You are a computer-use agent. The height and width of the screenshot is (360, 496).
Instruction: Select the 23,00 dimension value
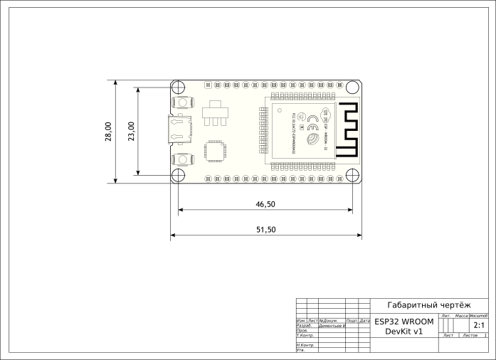coord(132,132)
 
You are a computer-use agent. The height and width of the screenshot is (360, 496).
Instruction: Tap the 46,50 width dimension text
coord(265,204)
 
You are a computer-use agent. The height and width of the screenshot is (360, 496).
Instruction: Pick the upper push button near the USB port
coord(183,103)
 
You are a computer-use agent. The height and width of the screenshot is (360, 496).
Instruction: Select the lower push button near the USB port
coord(183,159)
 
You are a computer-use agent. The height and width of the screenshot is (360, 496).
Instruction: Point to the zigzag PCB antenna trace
coord(347,129)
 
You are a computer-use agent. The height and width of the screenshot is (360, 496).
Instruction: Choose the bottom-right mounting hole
coord(352,175)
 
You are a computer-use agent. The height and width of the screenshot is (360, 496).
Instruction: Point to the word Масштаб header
coord(477,314)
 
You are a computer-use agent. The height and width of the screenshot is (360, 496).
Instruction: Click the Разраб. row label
coord(302,325)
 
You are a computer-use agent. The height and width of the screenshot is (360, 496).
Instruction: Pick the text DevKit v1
coord(403,332)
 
